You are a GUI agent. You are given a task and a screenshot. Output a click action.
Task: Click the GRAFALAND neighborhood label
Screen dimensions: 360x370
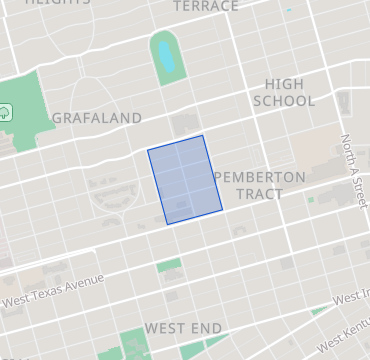[96, 118]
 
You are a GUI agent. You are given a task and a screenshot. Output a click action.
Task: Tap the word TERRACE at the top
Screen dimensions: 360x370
[206, 6]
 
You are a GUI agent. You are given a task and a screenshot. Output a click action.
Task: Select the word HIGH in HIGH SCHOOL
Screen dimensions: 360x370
[284, 84]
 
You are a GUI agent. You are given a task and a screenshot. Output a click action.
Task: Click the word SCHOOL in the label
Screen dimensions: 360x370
[284, 101]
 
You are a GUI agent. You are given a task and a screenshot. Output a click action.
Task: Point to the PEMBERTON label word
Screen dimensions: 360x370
[260, 176]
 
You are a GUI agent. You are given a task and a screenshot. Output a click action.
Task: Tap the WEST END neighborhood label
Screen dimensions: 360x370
[183, 328]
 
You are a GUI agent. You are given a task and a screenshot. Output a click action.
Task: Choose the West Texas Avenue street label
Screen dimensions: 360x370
[53, 290]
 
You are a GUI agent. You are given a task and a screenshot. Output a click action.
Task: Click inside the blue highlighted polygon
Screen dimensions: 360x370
[184, 180]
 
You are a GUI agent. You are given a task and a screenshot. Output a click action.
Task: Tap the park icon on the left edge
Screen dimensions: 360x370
[5, 111]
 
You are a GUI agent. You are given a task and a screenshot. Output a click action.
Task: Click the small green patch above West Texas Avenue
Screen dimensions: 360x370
[169, 266]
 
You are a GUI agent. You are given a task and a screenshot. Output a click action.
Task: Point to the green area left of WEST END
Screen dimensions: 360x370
[133, 343]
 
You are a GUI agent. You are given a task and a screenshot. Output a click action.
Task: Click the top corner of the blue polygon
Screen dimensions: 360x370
[202, 135]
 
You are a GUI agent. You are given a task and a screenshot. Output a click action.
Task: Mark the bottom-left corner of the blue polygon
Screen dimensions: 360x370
[167, 223]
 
